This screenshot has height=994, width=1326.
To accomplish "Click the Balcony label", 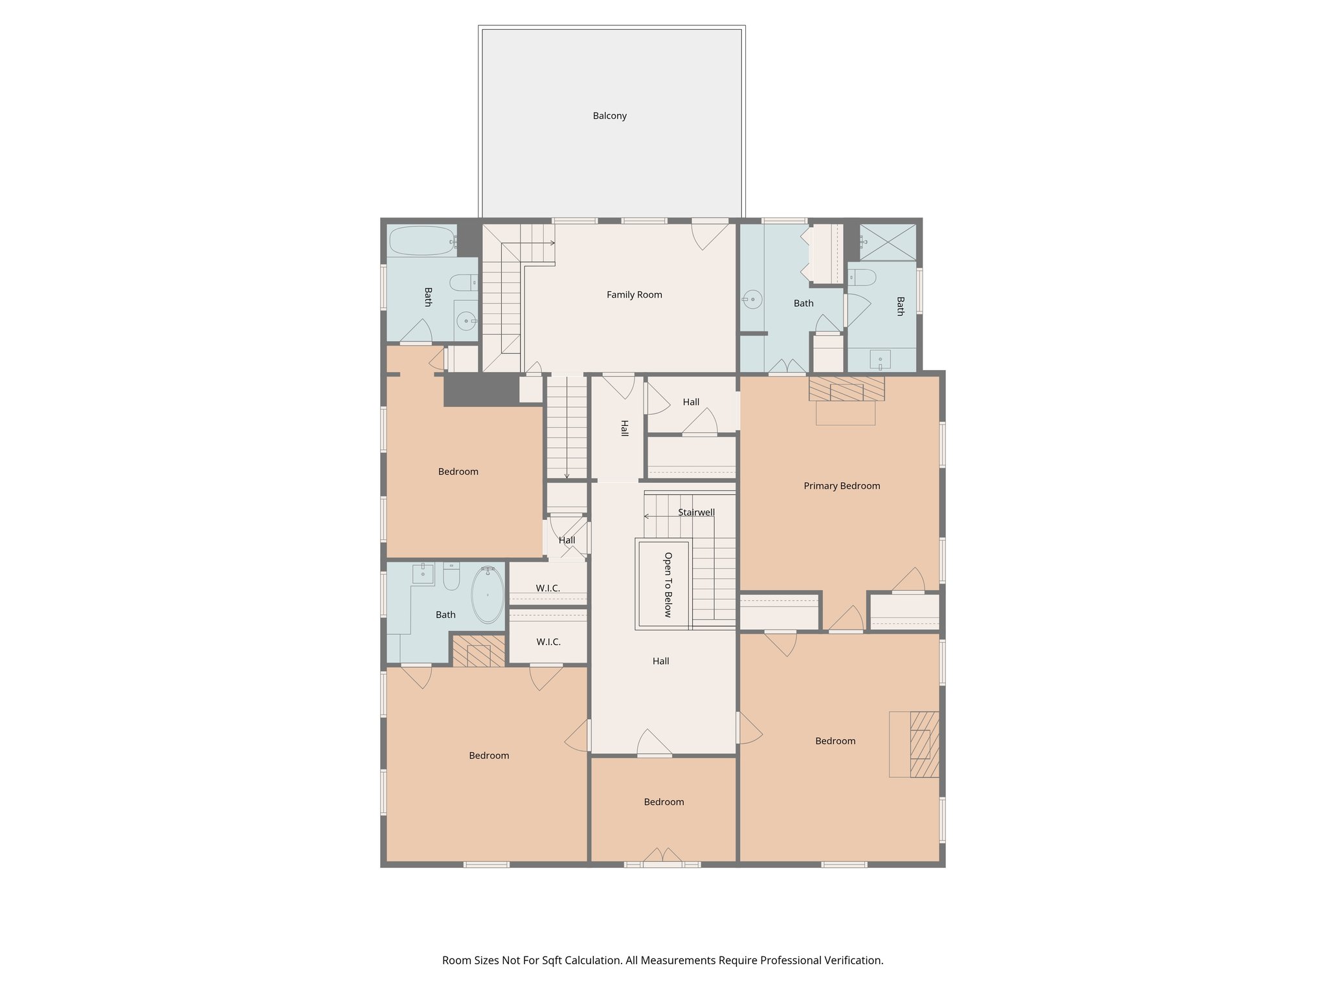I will point(609,116).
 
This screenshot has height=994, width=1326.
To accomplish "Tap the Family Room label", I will point(634,294).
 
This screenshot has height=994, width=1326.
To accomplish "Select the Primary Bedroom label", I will point(841,485).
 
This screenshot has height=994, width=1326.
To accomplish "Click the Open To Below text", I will point(668,584).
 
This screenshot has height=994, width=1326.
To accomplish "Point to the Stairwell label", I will point(696,512).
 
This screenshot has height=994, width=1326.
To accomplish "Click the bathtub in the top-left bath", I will point(421,241).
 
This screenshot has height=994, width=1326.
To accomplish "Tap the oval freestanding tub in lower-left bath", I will point(487,594).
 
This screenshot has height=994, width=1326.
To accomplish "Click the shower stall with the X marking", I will point(888,241).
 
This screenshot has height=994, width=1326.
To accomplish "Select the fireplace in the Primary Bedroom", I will point(846,390).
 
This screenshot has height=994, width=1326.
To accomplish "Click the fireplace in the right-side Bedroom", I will point(923,744).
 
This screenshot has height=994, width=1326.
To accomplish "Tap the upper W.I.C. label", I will point(548,588).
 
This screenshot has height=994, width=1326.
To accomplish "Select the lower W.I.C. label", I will point(548,641).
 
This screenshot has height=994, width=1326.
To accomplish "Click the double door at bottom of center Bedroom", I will point(662,857).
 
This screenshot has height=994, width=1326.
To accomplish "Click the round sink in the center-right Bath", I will point(752,299).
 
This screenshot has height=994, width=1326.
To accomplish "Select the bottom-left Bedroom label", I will point(489,755).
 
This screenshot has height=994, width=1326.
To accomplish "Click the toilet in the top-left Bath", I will point(463,283).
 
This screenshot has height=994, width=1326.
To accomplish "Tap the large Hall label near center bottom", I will point(660,661).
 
